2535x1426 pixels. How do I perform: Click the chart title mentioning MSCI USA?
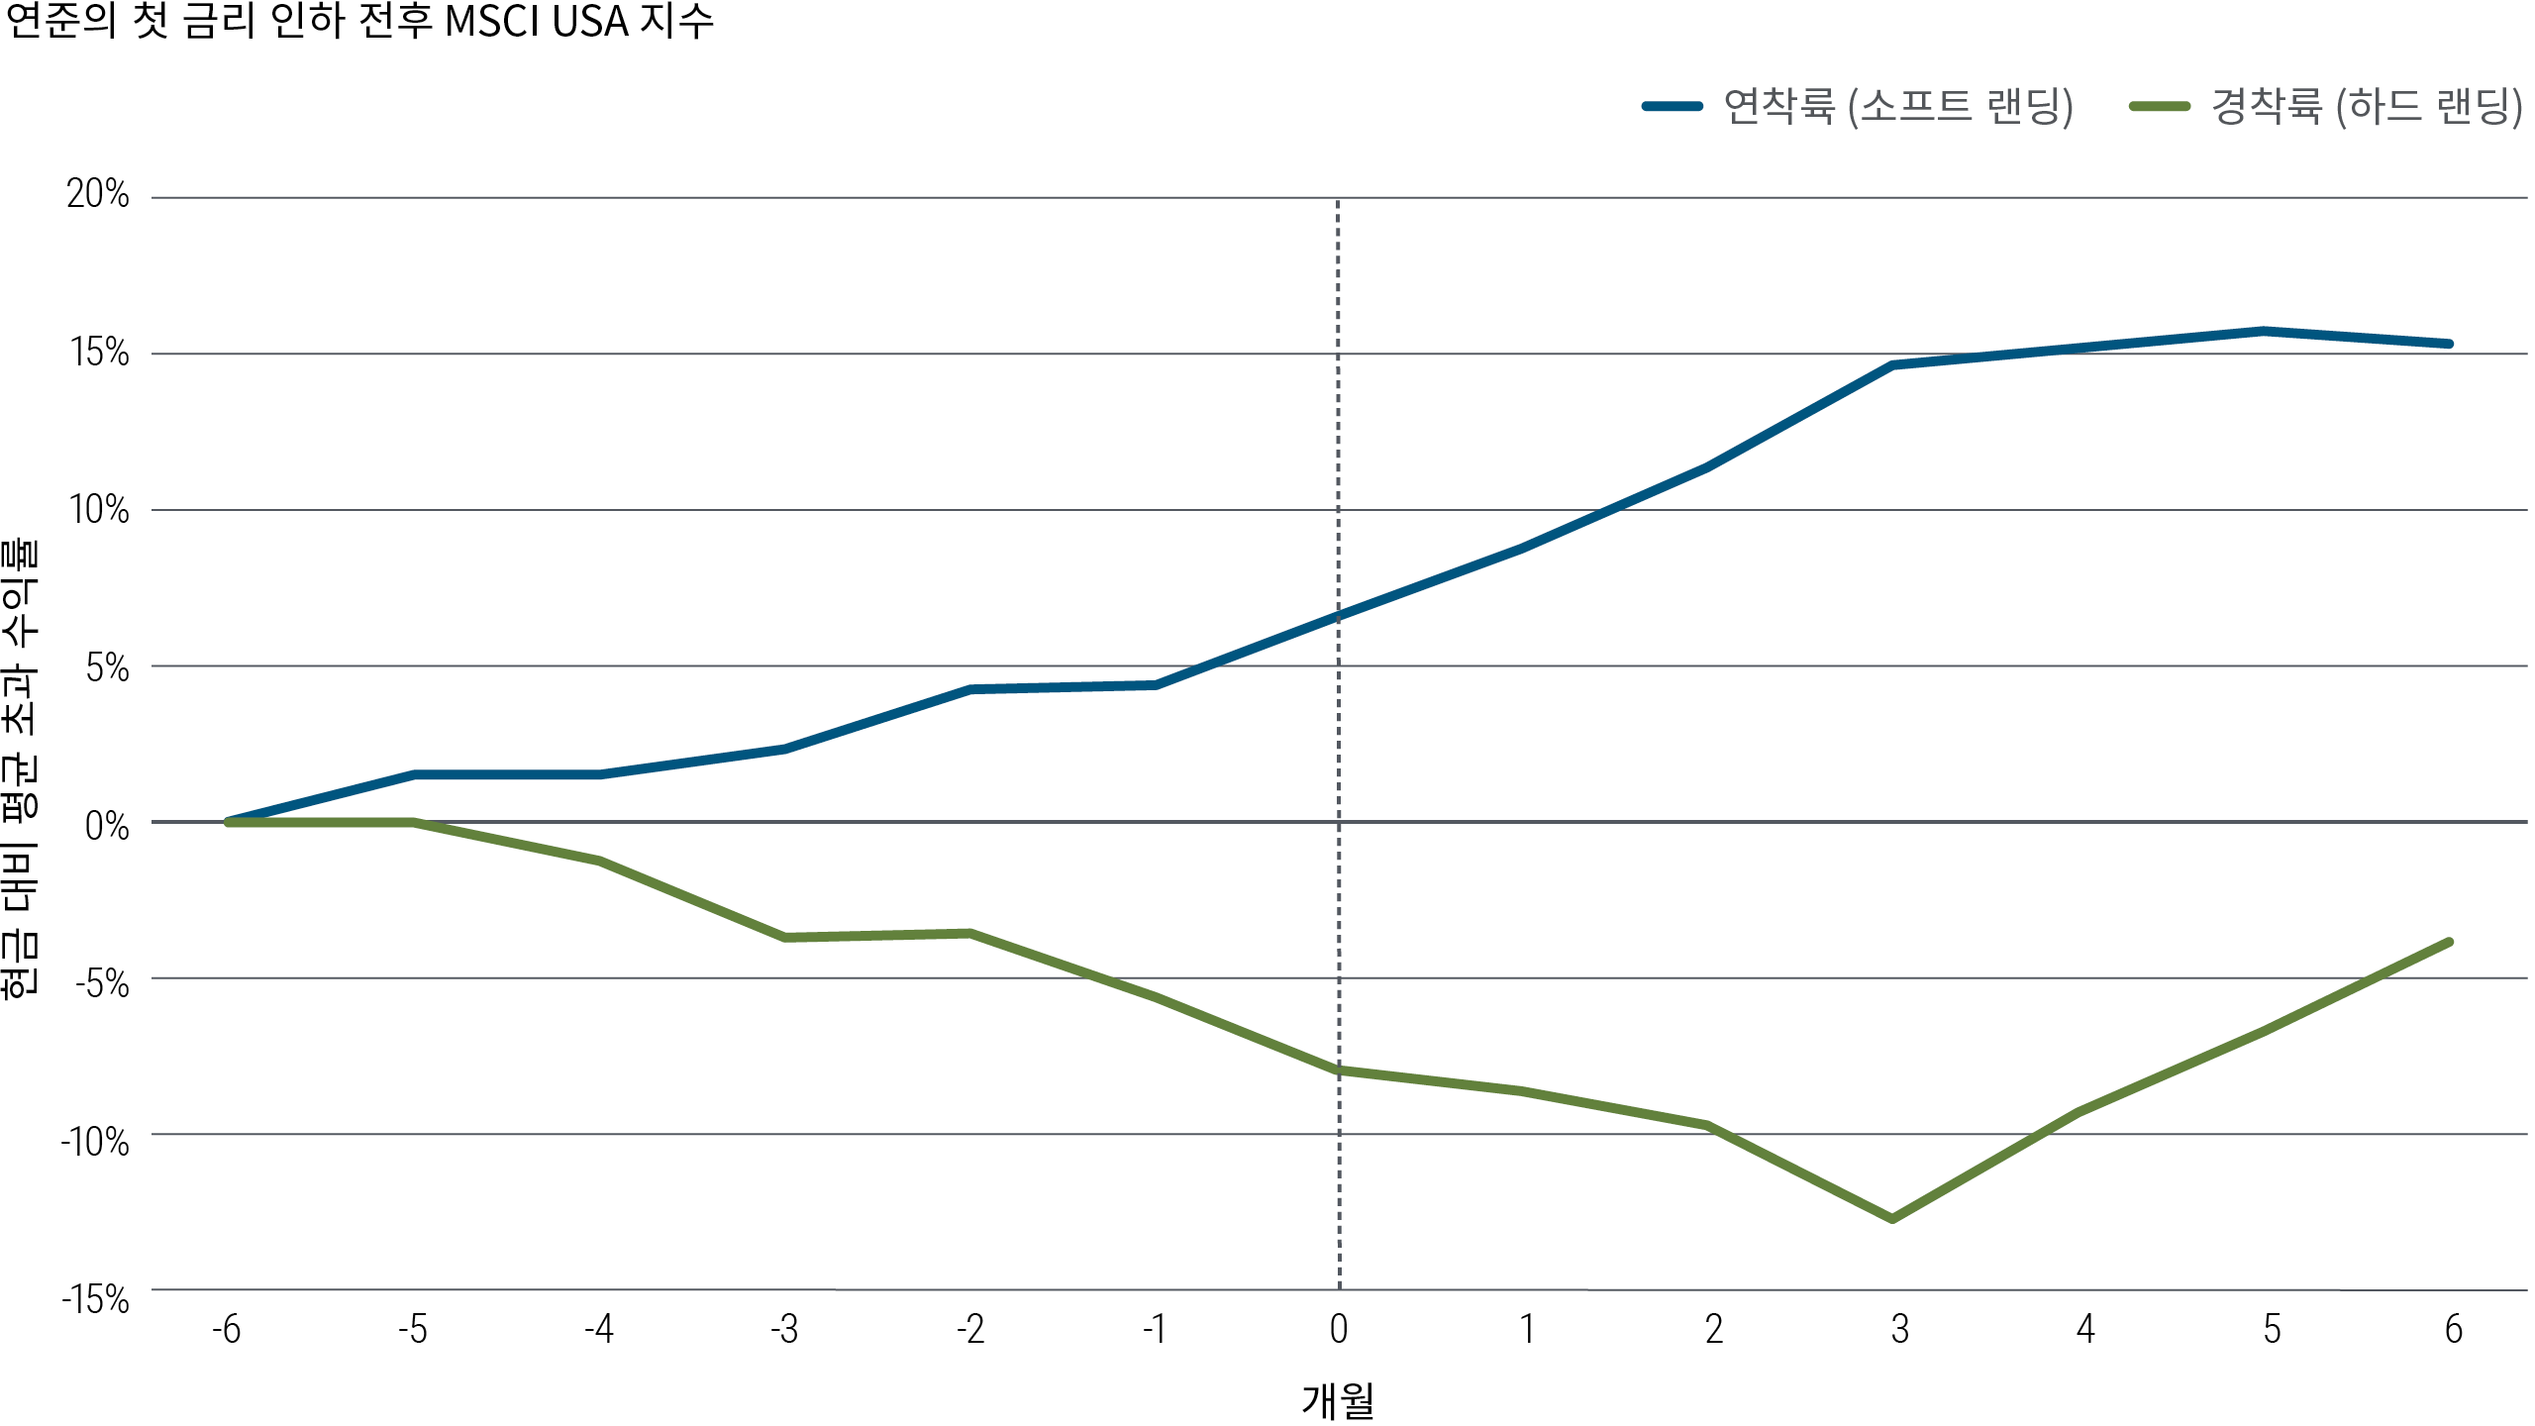358,22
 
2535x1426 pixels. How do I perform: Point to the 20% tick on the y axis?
98,194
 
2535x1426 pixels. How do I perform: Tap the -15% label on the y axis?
95,1299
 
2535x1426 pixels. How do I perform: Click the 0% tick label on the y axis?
107,826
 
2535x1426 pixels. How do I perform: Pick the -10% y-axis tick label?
95,1142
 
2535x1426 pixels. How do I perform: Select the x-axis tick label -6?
227,1329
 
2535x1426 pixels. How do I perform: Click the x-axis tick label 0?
1339,1329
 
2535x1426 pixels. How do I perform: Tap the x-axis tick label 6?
2453,1329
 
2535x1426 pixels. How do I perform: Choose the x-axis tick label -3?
784,1329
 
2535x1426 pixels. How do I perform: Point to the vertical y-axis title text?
20,767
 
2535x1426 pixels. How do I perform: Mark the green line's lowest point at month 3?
1892,1219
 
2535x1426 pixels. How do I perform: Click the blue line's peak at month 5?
2264,331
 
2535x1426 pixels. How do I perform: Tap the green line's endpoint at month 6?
2450,942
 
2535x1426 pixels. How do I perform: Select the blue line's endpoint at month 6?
2450,344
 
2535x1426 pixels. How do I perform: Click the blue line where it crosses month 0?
1339,615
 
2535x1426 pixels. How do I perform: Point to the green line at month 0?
1339,1070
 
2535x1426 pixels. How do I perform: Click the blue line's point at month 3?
1892,365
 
